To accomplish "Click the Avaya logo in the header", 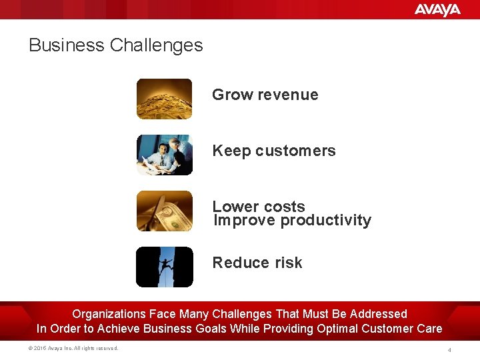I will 437,9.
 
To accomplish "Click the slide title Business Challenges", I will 115,45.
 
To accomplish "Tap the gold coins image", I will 164,99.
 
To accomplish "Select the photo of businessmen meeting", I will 164,155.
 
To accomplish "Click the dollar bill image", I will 164,211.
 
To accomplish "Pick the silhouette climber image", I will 164,267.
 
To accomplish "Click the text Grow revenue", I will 265,95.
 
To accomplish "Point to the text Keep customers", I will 273,151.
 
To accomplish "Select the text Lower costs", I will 258,206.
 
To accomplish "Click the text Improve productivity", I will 292,221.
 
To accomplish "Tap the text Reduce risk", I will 257,263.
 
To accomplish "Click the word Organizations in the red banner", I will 109,313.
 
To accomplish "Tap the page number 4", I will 449,349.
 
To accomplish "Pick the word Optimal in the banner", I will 341,328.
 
